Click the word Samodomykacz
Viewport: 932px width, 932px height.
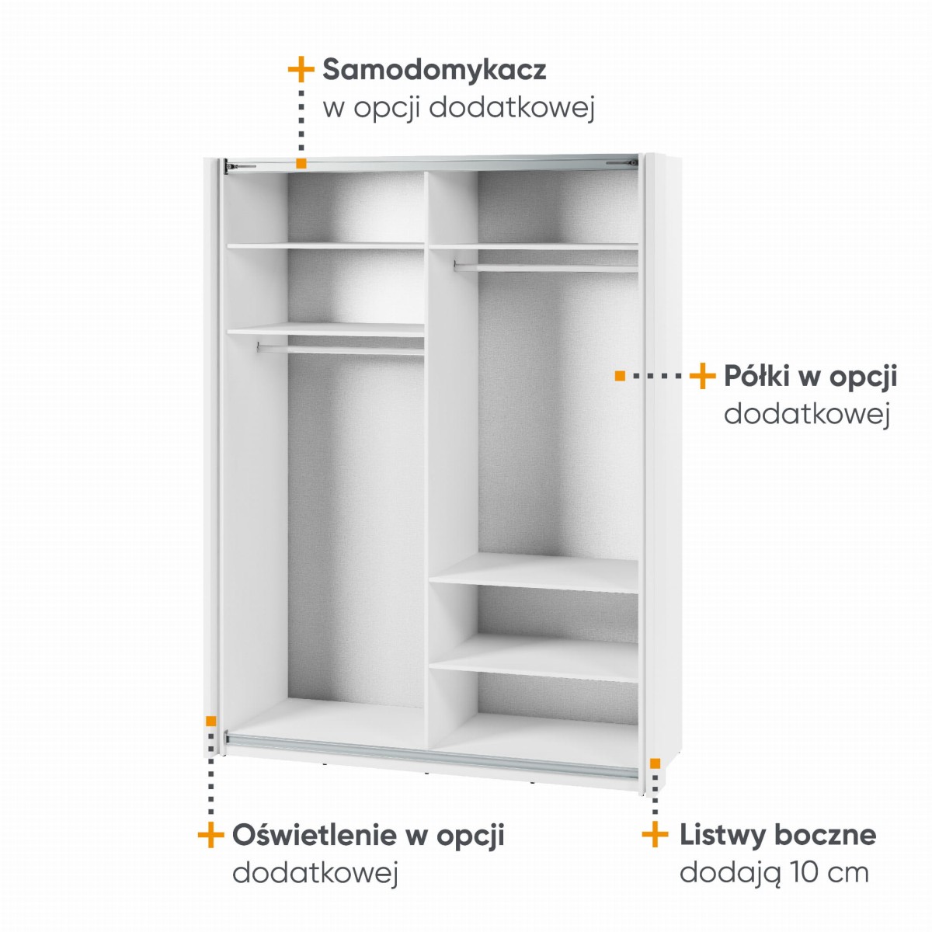coord(434,71)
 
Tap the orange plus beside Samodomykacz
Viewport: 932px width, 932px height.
coord(301,69)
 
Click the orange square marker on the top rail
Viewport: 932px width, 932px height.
coord(301,163)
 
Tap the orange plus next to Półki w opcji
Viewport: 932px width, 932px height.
coord(702,376)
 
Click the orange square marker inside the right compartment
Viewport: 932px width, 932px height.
coord(620,376)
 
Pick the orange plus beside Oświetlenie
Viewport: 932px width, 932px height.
coord(211,496)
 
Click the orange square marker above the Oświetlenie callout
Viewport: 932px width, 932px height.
coord(210,721)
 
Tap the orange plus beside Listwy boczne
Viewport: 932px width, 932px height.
coord(655,496)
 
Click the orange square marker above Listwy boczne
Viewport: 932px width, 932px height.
coord(655,763)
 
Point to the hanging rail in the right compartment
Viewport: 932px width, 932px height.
coord(546,267)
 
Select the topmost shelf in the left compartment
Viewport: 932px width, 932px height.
coord(325,246)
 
